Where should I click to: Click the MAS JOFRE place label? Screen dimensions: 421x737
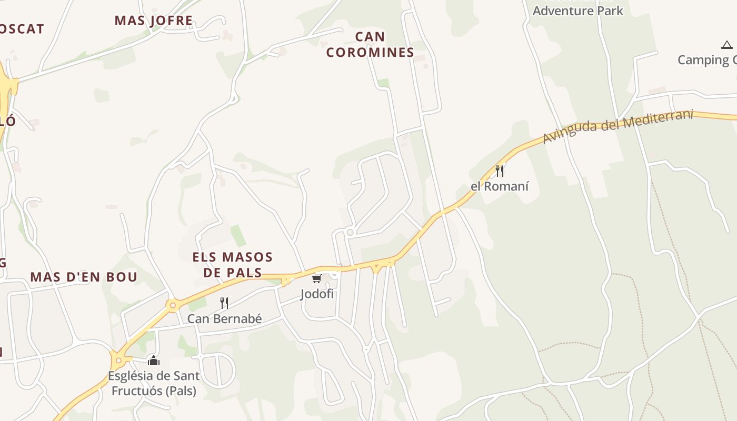[x=154, y=21]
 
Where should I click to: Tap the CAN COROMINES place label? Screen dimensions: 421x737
[x=370, y=44]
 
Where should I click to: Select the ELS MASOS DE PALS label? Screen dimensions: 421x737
[x=233, y=265]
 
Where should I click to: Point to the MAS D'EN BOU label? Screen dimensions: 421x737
[x=84, y=277]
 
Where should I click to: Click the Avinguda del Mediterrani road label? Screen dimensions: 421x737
[x=618, y=126]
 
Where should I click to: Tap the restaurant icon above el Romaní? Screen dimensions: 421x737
[x=500, y=171]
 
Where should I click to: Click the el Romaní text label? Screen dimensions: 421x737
[x=500, y=186]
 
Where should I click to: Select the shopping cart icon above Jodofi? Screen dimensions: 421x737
[x=316, y=278]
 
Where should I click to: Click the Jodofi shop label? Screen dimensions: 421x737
[x=317, y=294]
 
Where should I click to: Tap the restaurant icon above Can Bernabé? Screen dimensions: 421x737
[x=224, y=303]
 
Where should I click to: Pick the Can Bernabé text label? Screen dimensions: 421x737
[x=224, y=319]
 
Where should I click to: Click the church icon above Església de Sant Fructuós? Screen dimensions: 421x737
[x=154, y=360]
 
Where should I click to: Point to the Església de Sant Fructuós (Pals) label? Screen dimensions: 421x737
[x=154, y=384]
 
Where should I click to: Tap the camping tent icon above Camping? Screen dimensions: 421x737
[x=727, y=45]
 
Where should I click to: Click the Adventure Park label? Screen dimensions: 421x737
[x=577, y=11]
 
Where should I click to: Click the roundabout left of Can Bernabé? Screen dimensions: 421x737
[x=172, y=305]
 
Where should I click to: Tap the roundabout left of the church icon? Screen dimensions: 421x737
[x=118, y=360]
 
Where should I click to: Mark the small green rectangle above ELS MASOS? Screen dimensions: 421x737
[x=238, y=236]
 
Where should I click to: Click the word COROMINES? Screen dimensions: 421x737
[x=370, y=53]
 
